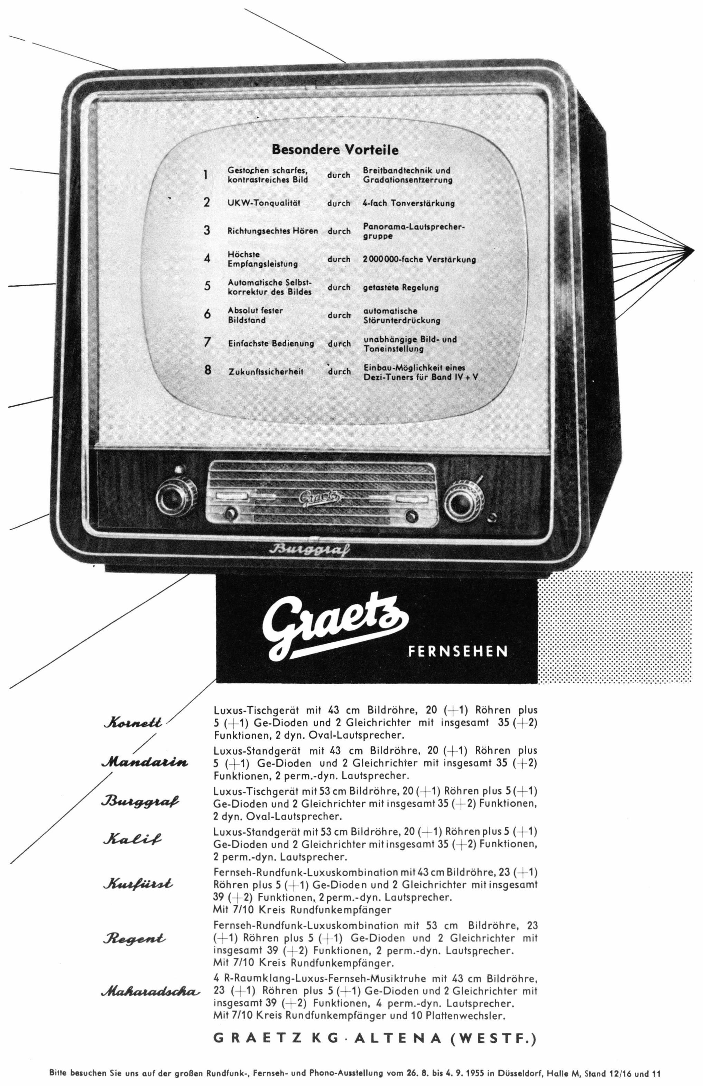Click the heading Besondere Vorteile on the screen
[335, 149]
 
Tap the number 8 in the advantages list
[208, 370]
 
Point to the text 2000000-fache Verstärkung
[419, 259]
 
